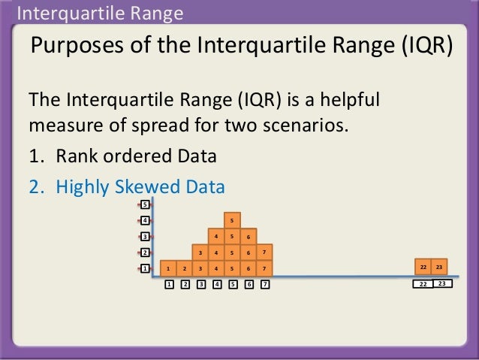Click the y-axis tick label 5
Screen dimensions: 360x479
[x=145, y=204]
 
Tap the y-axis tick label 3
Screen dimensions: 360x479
[x=145, y=236]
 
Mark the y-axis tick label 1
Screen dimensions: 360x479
[x=145, y=268]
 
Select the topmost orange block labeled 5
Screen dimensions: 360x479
[x=232, y=220]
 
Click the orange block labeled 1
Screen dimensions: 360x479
[x=168, y=268]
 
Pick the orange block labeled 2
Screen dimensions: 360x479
[x=185, y=268]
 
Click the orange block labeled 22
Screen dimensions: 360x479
[x=423, y=268]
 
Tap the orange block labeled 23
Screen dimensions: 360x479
[x=440, y=268]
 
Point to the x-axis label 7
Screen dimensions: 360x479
[x=265, y=285]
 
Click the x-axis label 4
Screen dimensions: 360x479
[x=217, y=285]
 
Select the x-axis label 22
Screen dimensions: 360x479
[x=423, y=285]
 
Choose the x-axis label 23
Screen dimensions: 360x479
[x=442, y=284]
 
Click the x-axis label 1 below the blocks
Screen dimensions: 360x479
[x=169, y=285]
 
